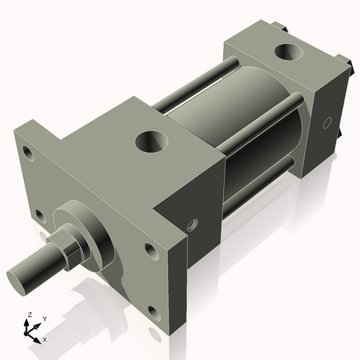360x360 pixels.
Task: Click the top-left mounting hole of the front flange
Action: coord(28,153)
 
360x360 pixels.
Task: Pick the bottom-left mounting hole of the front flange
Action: coord(37,215)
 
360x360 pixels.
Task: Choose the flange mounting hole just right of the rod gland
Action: coord(150,251)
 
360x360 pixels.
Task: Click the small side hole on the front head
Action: coord(192,225)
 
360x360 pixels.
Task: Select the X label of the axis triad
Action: coord(45,338)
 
